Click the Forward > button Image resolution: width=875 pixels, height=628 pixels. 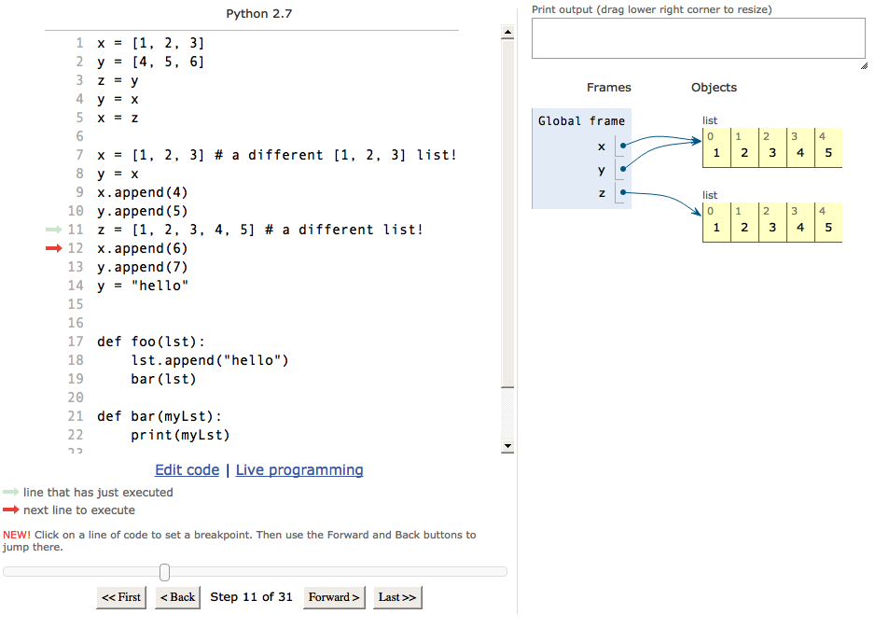point(334,597)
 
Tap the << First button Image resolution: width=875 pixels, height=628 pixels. point(121,597)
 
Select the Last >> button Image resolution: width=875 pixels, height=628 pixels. point(397,597)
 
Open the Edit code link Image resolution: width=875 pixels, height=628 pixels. point(187,470)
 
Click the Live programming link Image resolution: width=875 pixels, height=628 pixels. point(299,470)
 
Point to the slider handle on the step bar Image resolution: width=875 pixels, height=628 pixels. point(164,572)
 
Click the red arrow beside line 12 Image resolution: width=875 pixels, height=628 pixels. point(53,248)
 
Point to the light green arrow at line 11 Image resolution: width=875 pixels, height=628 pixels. point(53,230)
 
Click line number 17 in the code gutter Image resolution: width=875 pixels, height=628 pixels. point(76,342)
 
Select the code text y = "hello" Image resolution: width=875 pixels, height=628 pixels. point(143,286)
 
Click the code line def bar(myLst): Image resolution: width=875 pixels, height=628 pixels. point(159,416)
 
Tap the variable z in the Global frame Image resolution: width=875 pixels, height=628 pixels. point(602,193)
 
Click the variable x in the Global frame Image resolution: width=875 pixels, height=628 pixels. point(602,147)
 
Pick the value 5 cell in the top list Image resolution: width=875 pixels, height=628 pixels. point(828,148)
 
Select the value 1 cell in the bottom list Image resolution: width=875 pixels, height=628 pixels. point(716,223)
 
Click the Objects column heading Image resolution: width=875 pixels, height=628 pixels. point(714,88)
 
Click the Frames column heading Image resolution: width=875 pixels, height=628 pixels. point(609,88)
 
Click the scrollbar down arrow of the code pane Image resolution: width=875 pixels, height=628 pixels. point(507,446)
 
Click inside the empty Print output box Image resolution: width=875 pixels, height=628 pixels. point(698,38)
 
